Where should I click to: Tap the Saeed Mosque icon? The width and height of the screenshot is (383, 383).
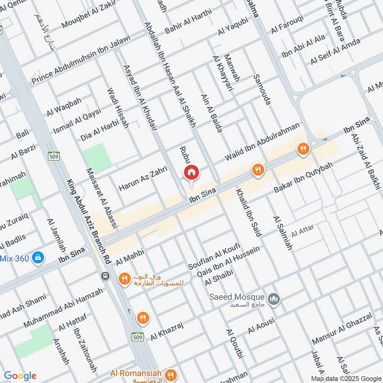point(274,300)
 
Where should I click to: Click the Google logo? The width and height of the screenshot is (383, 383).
point(20,376)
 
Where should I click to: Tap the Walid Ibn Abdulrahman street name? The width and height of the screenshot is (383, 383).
point(262,142)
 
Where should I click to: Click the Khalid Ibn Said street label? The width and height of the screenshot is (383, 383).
point(248,212)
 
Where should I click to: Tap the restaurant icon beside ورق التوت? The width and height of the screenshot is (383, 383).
point(124,278)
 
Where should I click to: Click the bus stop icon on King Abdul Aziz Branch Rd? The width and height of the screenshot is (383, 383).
point(105,276)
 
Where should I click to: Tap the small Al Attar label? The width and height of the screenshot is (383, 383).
point(302,232)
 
